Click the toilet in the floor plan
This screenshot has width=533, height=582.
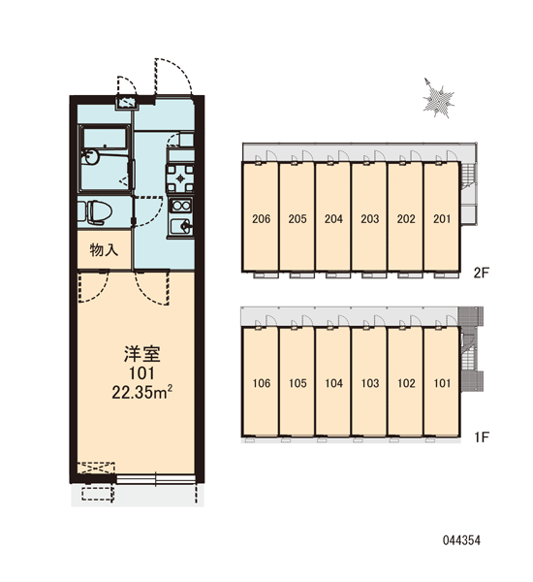[98, 212]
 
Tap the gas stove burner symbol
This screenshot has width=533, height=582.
[180, 178]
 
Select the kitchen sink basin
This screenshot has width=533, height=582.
[180, 226]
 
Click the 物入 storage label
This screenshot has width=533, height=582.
[104, 250]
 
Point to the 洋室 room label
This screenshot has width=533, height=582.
[142, 354]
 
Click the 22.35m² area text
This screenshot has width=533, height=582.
[142, 392]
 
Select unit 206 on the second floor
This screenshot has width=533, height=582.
[261, 218]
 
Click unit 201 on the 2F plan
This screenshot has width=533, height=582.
[442, 218]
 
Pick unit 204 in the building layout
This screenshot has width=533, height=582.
[333, 218]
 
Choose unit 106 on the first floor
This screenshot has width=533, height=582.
[261, 383]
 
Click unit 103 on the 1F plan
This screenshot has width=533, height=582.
[370, 383]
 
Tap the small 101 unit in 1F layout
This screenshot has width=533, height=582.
[442, 383]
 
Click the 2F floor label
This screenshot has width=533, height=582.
[482, 273]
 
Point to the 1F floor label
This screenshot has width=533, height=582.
[482, 436]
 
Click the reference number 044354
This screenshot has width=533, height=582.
[461, 540]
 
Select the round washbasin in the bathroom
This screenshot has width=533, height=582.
[91, 156]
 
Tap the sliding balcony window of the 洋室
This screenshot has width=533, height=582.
[156, 479]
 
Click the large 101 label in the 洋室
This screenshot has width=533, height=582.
[141, 373]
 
